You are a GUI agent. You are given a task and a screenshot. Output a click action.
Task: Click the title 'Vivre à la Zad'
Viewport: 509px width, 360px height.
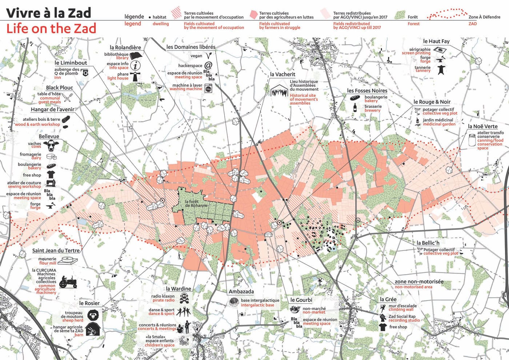click(49, 13)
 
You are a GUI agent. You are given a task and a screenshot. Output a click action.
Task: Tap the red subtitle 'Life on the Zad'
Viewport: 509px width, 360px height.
click(51, 28)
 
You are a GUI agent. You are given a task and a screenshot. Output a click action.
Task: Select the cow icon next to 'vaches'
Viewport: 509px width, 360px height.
click(51, 145)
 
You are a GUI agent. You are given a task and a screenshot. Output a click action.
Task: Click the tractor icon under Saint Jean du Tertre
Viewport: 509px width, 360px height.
click(68, 281)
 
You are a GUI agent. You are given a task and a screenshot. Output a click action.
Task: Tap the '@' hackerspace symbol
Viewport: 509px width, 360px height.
click(208, 65)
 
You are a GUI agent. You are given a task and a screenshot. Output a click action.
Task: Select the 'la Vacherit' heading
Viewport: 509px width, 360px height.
click(282, 74)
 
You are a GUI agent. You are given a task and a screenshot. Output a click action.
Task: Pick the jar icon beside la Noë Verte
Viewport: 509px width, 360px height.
click(472, 140)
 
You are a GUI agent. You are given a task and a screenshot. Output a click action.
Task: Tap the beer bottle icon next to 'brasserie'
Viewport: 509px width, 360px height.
click(355, 108)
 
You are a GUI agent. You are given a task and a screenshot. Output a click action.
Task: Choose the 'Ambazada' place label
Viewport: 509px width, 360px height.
click(241, 291)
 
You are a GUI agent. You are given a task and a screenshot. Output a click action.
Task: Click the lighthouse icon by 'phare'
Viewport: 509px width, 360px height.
click(136, 76)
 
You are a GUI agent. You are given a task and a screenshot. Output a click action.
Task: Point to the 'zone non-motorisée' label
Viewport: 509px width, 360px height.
click(419, 281)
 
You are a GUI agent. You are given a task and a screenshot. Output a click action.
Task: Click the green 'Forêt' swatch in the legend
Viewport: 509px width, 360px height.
click(400, 15)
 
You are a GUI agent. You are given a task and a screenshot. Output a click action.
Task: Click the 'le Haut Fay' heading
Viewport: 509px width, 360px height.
click(436, 41)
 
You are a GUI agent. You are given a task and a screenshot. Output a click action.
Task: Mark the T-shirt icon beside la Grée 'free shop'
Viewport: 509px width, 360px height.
click(382, 327)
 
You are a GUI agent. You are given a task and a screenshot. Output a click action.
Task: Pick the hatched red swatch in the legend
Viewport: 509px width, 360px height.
click(176, 13)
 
